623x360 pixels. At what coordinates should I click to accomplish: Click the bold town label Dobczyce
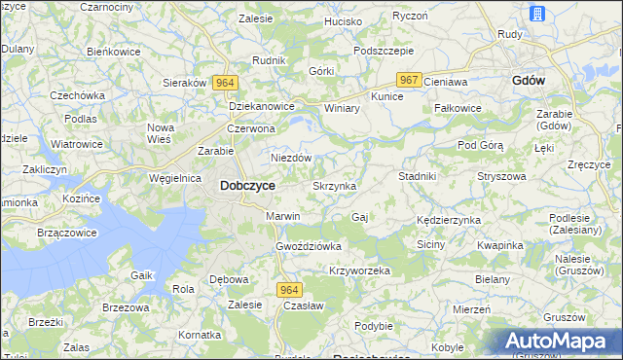point(247,185)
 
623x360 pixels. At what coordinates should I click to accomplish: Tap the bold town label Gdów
point(529,82)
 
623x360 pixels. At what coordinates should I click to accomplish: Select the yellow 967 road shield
point(409,80)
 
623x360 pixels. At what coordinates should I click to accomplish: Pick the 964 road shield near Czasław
point(289,290)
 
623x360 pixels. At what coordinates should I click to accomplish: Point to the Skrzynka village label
point(334,185)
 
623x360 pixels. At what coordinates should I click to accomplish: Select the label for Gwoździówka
point(309,246)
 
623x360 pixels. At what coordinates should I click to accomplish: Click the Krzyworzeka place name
point(359,270)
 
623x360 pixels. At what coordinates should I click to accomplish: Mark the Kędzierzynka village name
point(449,220)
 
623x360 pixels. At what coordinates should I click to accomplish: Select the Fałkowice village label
point(458,108)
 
